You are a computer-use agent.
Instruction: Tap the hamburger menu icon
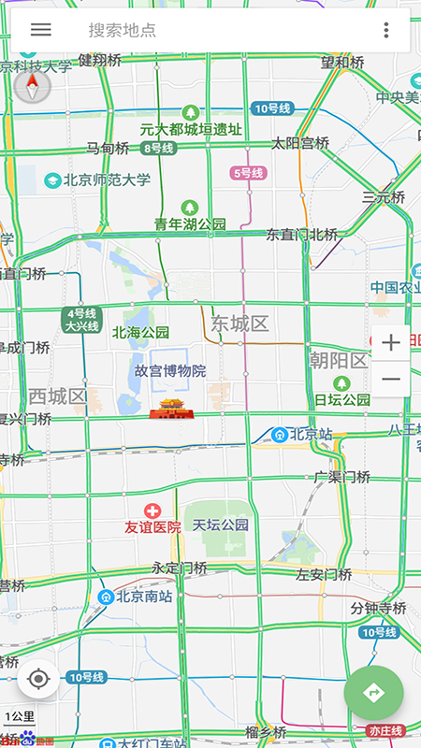click(40, 29)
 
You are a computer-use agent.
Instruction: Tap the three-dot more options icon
click(385, 30)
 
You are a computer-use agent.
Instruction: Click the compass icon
click(32, 87)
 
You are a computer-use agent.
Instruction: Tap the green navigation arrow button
click(373, 693)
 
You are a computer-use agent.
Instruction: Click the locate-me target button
click(38, 679)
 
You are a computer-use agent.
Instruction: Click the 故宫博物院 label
click(168, 370)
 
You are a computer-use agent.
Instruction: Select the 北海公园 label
click(140, 332)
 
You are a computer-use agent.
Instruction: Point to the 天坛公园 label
click(221, 525)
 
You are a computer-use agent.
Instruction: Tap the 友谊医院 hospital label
click(152, 526)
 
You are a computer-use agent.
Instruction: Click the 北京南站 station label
click(136, 596)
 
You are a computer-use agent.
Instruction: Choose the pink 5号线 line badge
click(248, 173)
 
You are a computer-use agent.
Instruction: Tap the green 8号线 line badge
click(158, 149)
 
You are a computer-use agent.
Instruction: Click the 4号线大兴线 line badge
click(80, 320)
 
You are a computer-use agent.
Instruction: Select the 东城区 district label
click(239, 324)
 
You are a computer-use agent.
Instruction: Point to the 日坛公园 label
click(342, 399)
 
